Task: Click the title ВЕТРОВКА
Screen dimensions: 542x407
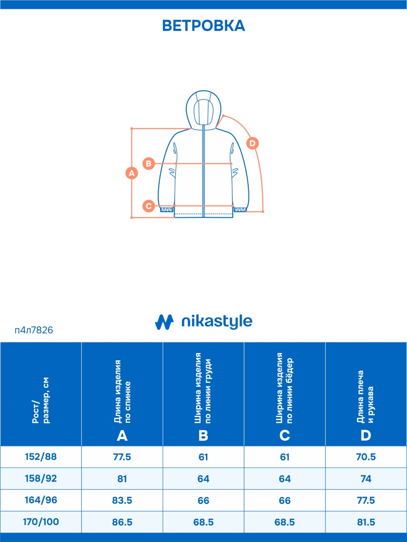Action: coord(203,25)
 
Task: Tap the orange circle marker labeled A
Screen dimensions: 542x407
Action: coord(132,173)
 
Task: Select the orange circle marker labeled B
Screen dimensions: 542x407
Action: coord(148,163)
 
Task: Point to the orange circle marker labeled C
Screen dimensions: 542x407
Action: coord(148,206)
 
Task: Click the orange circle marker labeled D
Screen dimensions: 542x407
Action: coord(252,143)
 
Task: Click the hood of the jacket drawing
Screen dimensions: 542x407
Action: coord(203,108)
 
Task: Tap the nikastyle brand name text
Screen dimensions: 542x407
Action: coord(217,322)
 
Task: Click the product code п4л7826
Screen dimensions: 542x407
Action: coord(34,330)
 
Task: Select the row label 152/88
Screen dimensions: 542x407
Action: coord(41,457)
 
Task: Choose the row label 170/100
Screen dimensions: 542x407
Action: coord(41,522)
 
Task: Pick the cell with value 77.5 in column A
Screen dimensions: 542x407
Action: coord(122,457)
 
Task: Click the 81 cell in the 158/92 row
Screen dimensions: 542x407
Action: coord(122,478)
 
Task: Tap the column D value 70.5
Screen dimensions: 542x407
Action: coord(366,457)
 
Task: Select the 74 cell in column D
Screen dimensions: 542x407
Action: coord(366,478)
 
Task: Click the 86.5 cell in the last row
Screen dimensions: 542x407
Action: coord(122,522)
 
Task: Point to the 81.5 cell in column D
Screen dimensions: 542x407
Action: coord(366,522)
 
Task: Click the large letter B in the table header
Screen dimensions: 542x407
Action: coord(203,435)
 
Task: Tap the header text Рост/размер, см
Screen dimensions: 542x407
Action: coord(41,400)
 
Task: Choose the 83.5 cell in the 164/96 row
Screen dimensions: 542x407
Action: coord(122,501)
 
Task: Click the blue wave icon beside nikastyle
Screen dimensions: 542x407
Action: coord(164,322)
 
